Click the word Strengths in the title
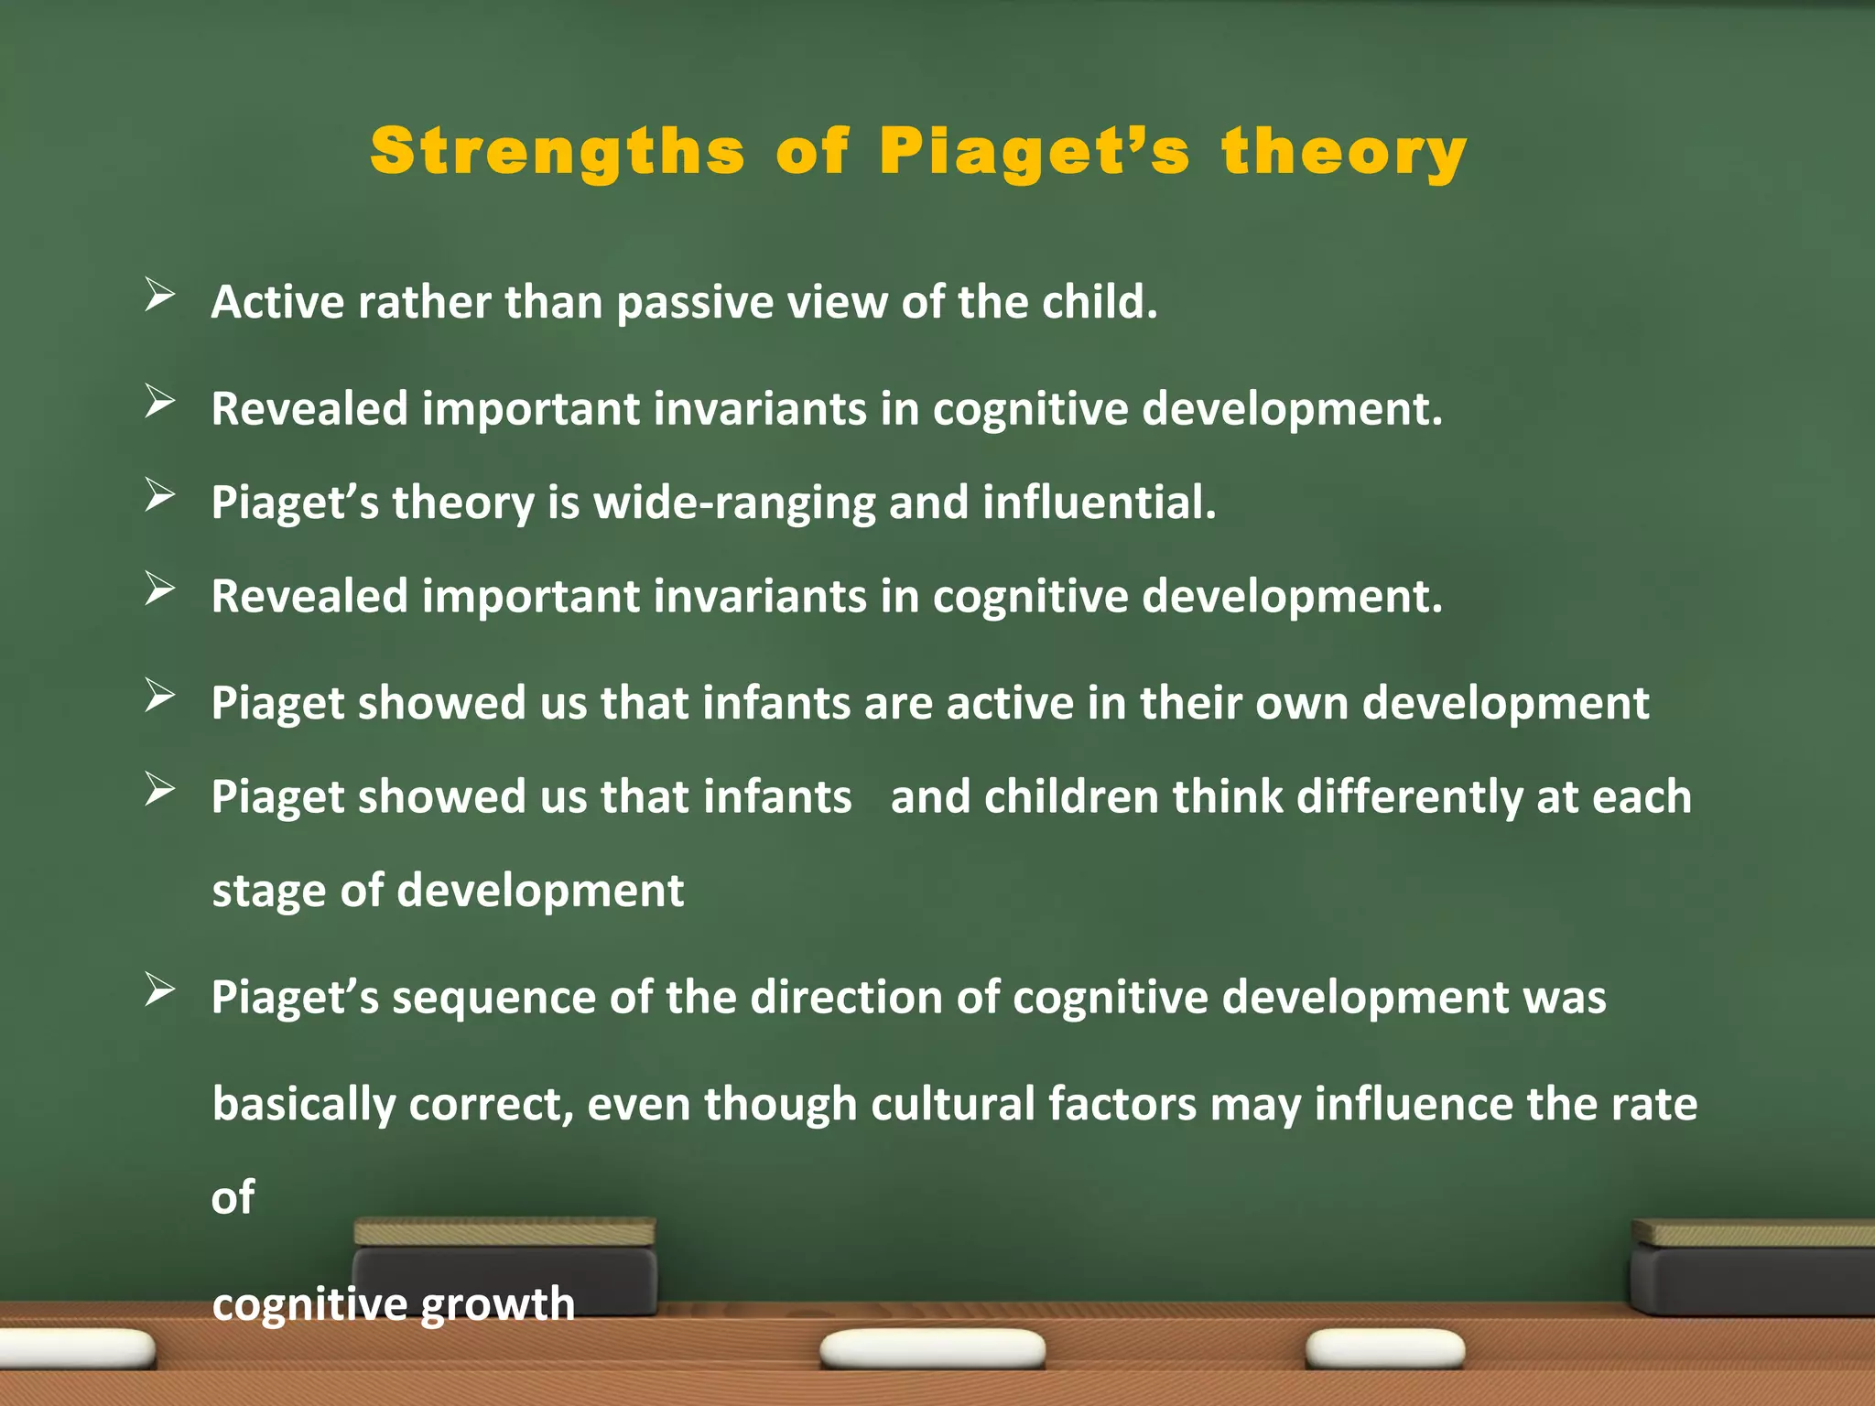pos(557,152)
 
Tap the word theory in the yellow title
pos(1343,152)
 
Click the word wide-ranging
pos(734,503)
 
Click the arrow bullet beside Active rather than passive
pos(159,296)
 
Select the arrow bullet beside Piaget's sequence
pos(159,990)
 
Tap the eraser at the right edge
pos(1752,1268)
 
